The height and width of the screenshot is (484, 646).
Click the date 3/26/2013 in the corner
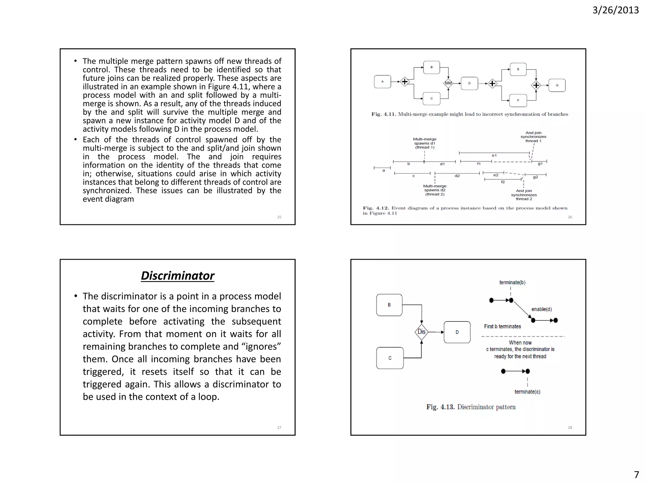(615, 10)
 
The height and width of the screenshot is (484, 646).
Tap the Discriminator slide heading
(178, 276)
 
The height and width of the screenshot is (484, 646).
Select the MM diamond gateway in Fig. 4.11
(448, 83)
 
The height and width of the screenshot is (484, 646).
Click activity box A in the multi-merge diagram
(382, 82)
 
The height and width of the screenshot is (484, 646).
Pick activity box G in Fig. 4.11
(557, 85)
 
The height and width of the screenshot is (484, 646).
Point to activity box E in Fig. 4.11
(518, 69)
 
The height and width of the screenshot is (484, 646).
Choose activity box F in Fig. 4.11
(518, 101)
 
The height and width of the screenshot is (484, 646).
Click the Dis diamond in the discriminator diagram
(421, 332)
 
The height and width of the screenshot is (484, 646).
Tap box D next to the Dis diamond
(457, 332)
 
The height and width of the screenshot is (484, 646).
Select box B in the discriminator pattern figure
(389, 305)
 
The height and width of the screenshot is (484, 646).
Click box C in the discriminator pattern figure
(390, 358)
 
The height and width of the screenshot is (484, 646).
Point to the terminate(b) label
(512, 282)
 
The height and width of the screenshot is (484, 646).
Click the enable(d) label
(542, 309)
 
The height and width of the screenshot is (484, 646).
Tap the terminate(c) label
(527, 392)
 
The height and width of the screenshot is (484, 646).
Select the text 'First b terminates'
(502, 326)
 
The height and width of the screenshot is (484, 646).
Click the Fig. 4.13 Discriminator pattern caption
(471, 407)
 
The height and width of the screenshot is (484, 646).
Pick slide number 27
(279, 428)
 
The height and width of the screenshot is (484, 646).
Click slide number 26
(570, 217)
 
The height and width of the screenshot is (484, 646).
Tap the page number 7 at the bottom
(637, 475)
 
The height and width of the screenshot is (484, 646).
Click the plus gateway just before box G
(536, 85)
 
